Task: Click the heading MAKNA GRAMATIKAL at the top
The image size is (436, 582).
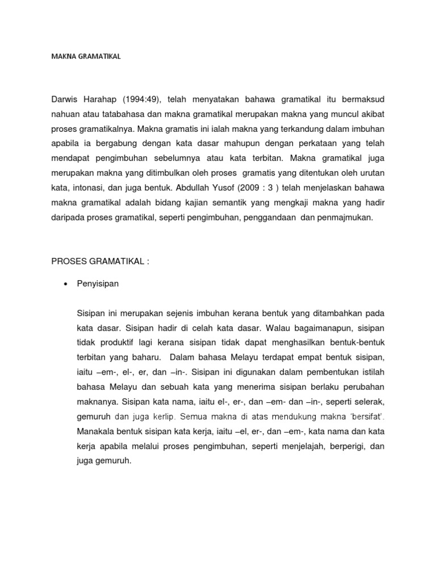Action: [x=86, y=57]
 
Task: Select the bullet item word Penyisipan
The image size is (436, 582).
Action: [x=98, y=284]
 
